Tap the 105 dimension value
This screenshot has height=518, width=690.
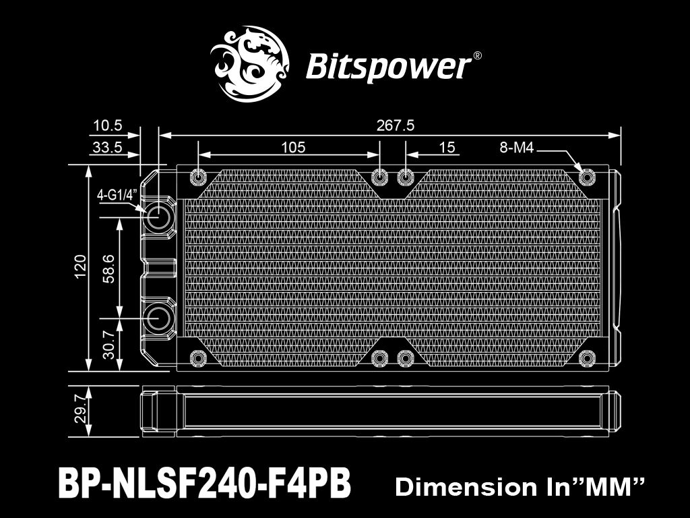pos(292,147)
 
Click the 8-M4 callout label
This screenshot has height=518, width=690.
pos(517,148)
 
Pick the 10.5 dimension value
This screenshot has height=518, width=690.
pos(107,125)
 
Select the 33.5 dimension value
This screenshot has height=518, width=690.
pos(107,148)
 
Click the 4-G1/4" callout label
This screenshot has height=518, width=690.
pos(117,195)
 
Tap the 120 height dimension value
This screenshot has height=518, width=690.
pos(80,267)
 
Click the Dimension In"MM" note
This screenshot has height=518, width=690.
pos(520,486)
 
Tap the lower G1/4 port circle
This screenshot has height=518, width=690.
pos(160,316)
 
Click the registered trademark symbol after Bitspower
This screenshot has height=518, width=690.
pos(477,57)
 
